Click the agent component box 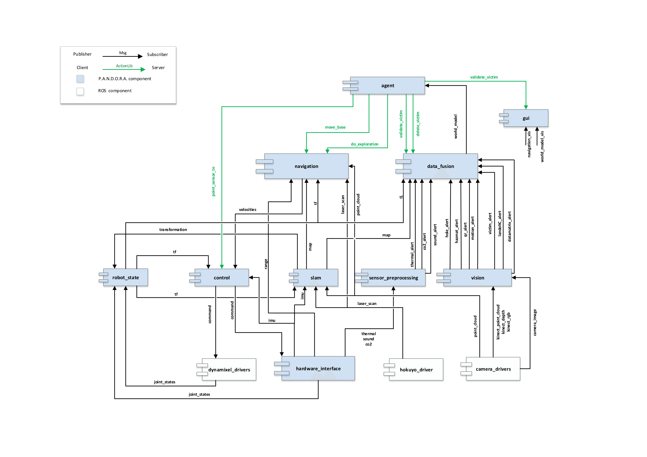tap(388, 85)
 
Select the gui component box tap(526, 118)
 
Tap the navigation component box tap(306, 166)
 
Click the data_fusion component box tap(441, 166)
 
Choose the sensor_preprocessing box tap(393, 278)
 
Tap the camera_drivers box tap(493, 369)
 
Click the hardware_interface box tap(318, 368)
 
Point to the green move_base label tap(335, 127)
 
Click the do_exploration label tap(364, 144)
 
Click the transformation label tap(173, 230)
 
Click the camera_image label tap(535, 322)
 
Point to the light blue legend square tap(80, 79)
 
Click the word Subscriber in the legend tap(157, 54)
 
